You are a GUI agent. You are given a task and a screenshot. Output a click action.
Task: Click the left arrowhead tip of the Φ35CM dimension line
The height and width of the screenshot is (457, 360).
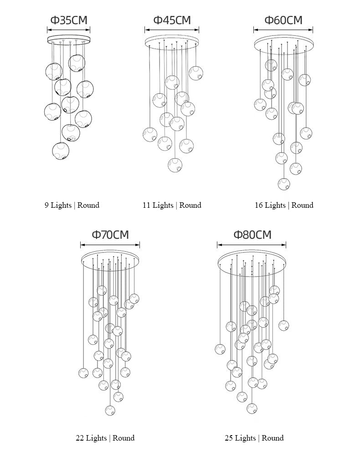(x=47, y=30)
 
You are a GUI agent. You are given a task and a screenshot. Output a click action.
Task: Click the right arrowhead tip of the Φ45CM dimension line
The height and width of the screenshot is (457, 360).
(x=199, y=30)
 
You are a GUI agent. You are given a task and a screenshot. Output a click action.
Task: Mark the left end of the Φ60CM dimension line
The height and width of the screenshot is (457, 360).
(x=254, y=30)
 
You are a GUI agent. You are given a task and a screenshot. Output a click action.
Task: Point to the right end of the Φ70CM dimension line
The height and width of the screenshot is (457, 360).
(x=139, y=245)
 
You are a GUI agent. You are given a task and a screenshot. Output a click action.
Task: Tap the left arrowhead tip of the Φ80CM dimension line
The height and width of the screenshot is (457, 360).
(x=217, y=245)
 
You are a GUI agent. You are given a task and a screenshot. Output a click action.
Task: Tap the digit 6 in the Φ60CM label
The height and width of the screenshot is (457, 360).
(x=276, y=20)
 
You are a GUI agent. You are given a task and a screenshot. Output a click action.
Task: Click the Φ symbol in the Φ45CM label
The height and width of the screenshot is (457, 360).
(x=158, y=20)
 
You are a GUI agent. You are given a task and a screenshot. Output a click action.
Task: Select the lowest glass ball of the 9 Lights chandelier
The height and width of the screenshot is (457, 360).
(x=61, y=151)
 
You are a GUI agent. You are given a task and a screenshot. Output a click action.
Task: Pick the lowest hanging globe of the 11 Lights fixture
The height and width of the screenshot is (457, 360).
(x=175, y=165)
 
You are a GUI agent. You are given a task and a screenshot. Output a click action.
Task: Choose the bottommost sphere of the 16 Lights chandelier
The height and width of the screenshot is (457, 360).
(x=284, y=184)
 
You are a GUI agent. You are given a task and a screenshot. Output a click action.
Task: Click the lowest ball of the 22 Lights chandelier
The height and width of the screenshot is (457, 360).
(x=110, y=411)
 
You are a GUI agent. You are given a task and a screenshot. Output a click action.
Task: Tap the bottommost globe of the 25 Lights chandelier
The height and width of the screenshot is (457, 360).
(x=252, y=408)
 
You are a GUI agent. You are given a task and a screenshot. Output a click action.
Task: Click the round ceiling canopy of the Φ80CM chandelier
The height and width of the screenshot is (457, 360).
(x=252, y=262)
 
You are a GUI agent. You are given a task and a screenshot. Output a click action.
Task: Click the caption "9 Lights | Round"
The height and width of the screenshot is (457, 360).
(x=72, y=205)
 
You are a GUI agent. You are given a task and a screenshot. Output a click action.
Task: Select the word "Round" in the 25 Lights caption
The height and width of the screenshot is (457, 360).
(x=273, y=438)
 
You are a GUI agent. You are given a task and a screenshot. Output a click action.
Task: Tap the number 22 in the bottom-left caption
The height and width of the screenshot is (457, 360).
(x=80, y=438)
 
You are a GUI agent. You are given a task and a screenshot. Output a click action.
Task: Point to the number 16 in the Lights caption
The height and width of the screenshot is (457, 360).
(x=259, y=205)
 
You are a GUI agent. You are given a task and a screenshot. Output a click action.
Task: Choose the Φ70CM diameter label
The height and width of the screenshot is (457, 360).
(x=110, y=235)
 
